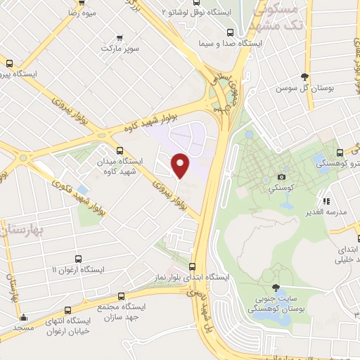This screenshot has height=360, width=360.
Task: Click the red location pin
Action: pos(181,165)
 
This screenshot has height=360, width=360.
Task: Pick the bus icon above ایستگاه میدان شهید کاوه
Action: pos(119,150)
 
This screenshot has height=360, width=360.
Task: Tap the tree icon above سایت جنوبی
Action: pos(276,287)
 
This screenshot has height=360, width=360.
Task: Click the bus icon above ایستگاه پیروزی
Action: pos(9,63)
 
